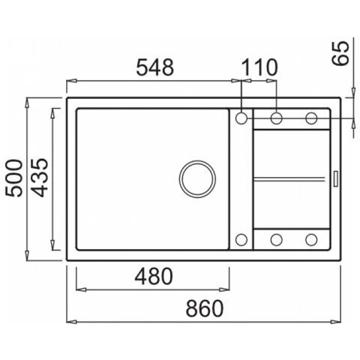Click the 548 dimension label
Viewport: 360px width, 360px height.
(x=154, y=67)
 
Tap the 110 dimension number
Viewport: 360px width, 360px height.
(x=260, y=67)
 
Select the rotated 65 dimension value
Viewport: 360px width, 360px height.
(x=340, y=53)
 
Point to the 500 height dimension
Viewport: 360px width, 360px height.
(x=14, y=178)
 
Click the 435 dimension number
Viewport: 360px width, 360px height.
(x=40, y=178)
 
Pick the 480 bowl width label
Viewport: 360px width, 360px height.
(x=154, y=276)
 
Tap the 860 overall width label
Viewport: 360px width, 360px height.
(x=204, y=308)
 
